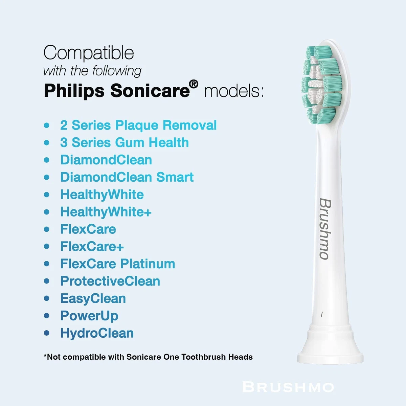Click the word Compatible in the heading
point(89,53)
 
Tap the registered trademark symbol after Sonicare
point(194,84)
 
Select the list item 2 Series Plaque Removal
point(138,126)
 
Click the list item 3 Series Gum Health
point(125,142)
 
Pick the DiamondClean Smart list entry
point(127,177)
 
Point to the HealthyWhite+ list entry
point(106,212)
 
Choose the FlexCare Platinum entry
point(118,264)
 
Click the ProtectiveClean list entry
point(110,281)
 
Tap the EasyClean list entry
point(93,299)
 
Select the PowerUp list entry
point(89,316)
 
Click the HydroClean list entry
point(97,333)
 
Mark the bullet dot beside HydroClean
point(47,333)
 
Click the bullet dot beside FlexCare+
point(47,246)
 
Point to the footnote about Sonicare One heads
point(148,357)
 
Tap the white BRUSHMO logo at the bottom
point(288,387)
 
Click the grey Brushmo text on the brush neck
point(325,229)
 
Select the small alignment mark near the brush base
point(321,315)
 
